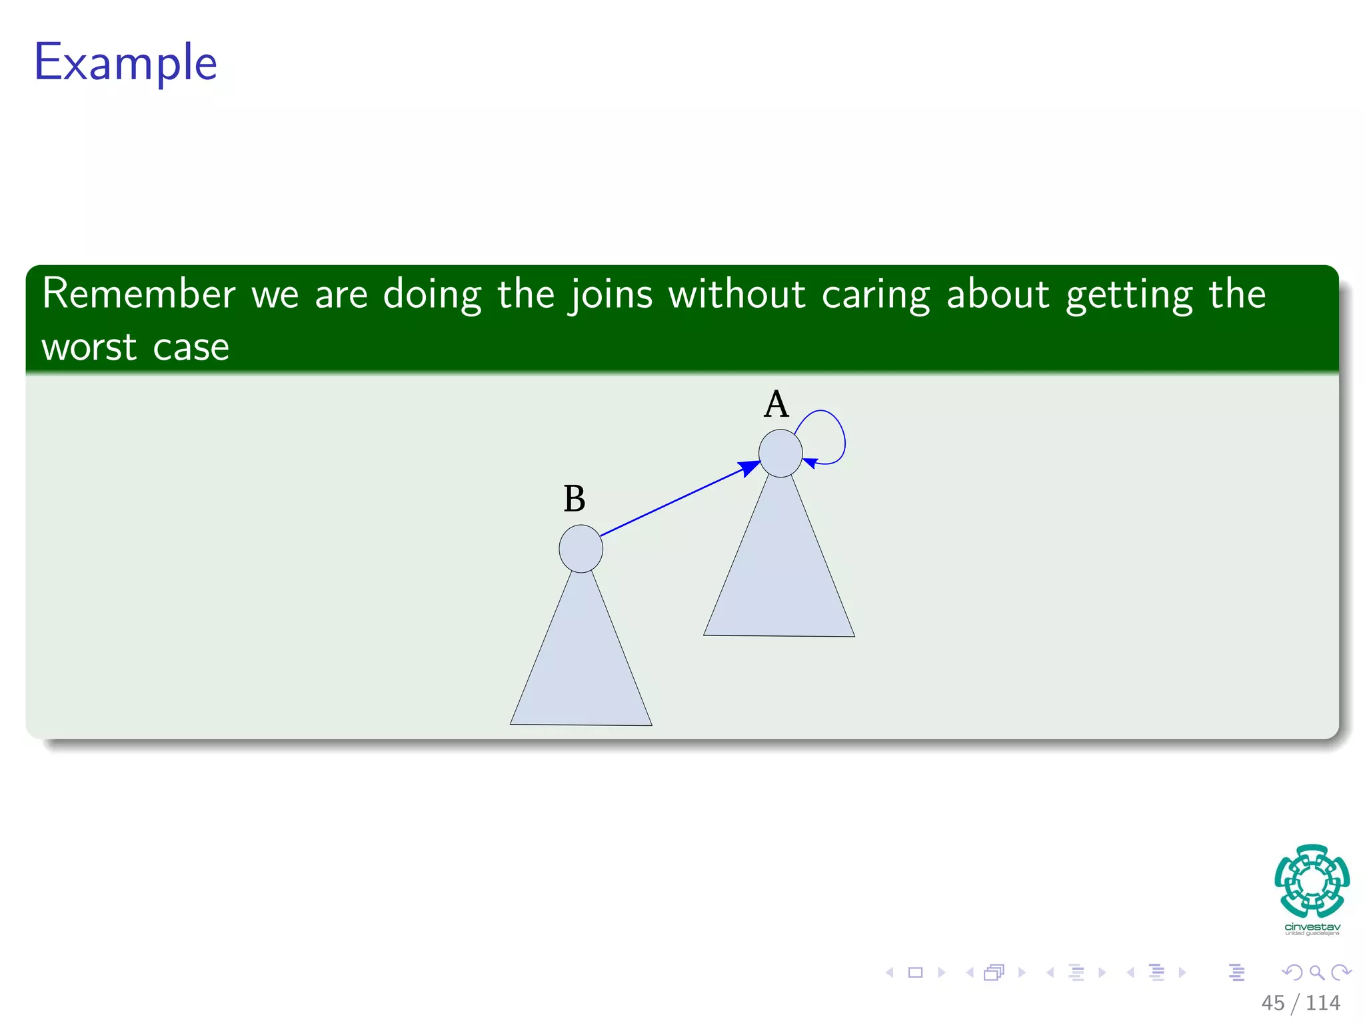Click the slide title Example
(125, 63)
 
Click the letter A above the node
(776, 404)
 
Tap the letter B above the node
(574, 499)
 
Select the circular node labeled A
(780, 454)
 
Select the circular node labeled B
(581, 549)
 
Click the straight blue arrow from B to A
(673, 502)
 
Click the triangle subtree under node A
(779, 579)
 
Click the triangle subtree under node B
(581, 666)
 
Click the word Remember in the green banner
(139, 294)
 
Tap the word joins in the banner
(611, 295)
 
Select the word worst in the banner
(89, 348)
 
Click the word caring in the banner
(875, 295)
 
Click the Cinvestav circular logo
(1312, 880)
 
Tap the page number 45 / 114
(1300, 1002)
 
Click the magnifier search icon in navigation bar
(1316, 972)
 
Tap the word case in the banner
(191, 348)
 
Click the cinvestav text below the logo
(1312, 927)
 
